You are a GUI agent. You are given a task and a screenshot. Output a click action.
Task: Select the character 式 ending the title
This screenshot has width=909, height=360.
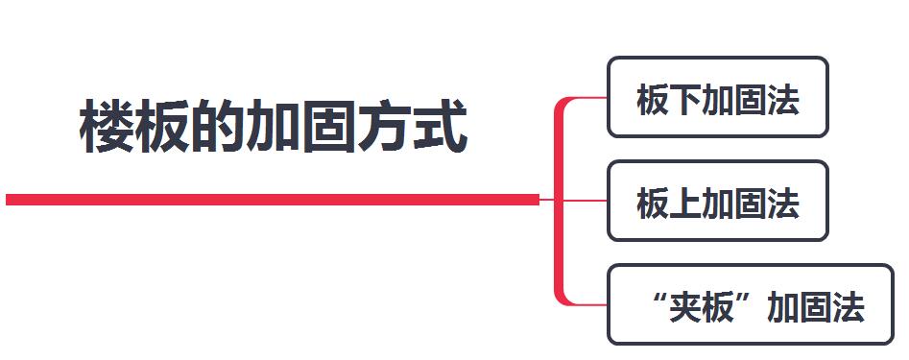pos(441,127)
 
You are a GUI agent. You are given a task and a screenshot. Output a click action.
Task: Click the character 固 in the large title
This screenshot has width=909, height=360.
pos(327,127)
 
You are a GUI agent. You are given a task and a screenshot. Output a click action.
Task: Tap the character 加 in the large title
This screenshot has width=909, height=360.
pos(272,127)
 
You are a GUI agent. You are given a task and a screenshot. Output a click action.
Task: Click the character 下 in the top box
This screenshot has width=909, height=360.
pos(685,100)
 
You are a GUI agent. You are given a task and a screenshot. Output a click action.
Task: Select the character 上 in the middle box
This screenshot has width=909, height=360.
pos(685,204)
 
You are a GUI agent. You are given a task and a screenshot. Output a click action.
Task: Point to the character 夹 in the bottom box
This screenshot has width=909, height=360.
pos(685,307)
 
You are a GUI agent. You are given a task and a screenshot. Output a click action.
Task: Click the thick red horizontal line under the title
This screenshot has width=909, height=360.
pos(273,200)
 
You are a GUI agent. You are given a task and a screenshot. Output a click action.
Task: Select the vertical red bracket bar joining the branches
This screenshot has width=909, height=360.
pos(559,201)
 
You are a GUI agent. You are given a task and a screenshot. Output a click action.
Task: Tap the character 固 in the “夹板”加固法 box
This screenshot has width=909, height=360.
pos(816,307)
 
